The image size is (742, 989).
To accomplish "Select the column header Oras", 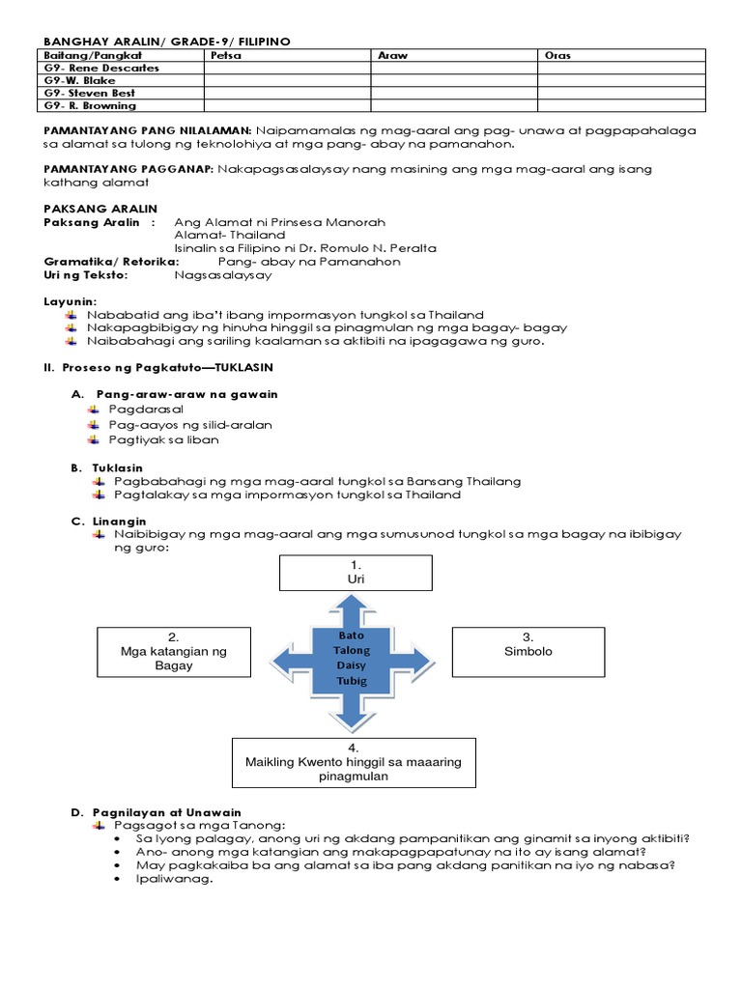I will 558,56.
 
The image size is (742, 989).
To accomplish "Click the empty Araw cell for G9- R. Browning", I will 454,105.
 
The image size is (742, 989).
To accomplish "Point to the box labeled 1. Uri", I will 354,572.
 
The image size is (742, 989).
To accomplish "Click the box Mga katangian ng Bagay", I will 174,651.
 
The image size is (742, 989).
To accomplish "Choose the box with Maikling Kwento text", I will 353,761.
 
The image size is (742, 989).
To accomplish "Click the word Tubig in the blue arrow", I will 352,682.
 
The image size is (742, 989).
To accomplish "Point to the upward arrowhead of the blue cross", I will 353,606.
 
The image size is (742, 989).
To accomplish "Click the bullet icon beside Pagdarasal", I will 93,410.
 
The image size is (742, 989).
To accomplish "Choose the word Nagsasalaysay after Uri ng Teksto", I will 223,274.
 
